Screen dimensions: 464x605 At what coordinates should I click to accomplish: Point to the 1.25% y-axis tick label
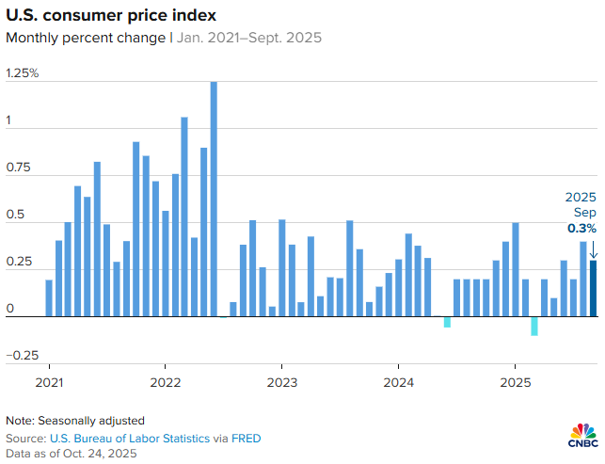pyautogui.click(x=23, y=73)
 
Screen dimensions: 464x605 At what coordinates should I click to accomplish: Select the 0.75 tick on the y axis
pyautogui.click(x=20, y=168)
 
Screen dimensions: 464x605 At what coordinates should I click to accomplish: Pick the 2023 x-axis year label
pyautogui.click(x=281, y=384)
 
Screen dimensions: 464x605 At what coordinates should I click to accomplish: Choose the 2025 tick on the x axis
pyautogui.click(x=515, y=384)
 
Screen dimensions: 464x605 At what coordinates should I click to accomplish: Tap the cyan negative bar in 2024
pyautogui.click(x=447, y=322)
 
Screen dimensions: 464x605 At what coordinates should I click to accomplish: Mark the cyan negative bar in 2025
pyautogui.click(x=534, y=326)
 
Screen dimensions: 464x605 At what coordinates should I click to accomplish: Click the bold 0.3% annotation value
pyautogui.click(x=581, y=229)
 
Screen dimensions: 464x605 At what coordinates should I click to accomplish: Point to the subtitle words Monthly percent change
pyautogui.click(x=85, y=39)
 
